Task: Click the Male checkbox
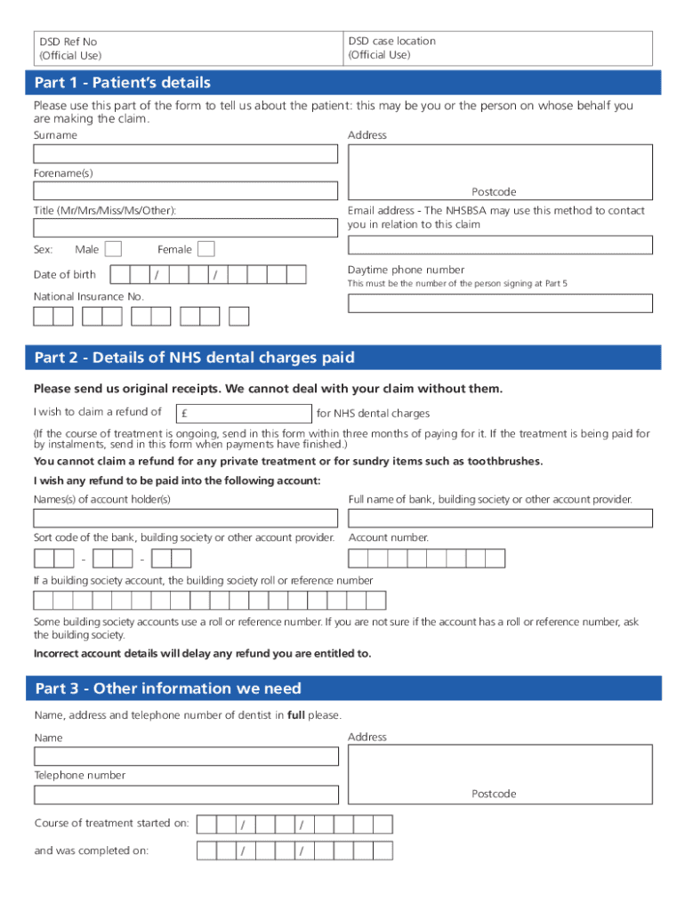(113, 249)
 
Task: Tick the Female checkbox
(205, 249)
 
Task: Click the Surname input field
(185, 154)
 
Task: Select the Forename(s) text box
(185, 190)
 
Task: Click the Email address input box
(500, 245)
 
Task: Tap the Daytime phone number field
(500, 303)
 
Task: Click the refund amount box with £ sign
(245, 414)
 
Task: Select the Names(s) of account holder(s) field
(185, 518)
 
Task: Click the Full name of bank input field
(500, 518)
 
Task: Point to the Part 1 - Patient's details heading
(123, 83)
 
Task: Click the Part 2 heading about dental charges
(194, 358)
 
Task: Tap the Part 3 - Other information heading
(168, 689)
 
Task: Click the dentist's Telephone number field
(186, 794)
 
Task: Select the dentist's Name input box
(186, 756)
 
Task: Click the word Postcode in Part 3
(494, 794)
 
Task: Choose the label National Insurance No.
(88, 296)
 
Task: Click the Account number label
(389, 537)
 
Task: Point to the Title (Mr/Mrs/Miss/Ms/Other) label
(105, 211)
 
